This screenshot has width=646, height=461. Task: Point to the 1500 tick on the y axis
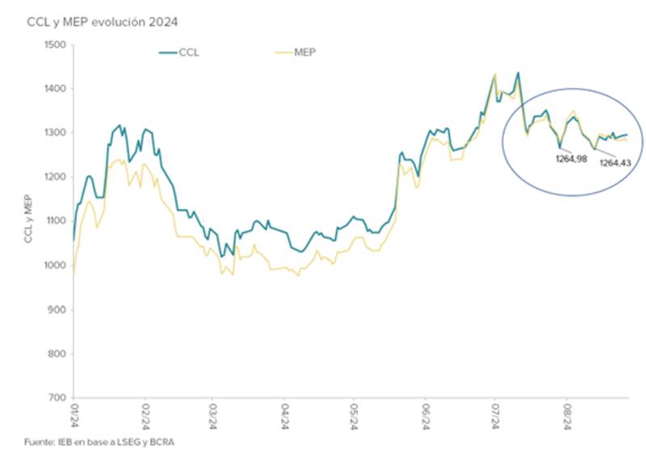click(56, 44)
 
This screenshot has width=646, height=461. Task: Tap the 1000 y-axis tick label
click(56, 265)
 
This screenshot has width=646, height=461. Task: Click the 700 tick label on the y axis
click(58, 398)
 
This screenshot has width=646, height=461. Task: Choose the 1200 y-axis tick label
click(56, 177)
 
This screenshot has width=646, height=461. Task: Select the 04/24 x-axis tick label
click(285, 417)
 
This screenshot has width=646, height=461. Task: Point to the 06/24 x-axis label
click(426, 417)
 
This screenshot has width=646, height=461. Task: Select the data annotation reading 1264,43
click(615, 163)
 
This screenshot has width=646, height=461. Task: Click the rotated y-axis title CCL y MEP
click(31, 221)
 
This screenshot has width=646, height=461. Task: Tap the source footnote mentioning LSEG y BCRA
click(100, 442)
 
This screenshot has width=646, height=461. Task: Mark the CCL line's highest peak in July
click(518, 73)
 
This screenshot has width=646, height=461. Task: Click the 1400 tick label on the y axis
click(56, 89)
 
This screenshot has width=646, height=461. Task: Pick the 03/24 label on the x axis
click(214, 417)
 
